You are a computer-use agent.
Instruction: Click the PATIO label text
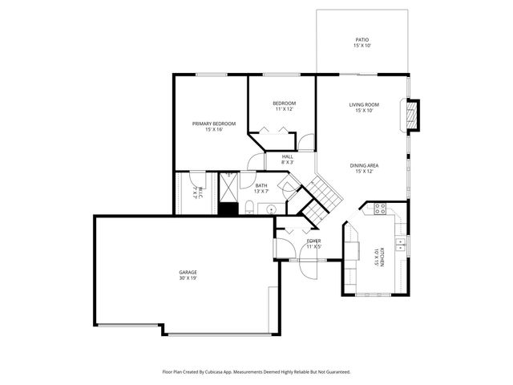(x=362, y=39)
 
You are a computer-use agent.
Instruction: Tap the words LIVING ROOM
(x=363, y=104)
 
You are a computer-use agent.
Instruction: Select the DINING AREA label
(x=363, y=165)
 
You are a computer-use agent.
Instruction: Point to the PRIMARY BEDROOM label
(x=213, y=124)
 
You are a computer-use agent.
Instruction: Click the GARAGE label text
(x=188, y=272)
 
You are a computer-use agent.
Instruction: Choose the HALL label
(x=287, y=156)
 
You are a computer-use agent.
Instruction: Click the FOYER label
(x=313, y=241)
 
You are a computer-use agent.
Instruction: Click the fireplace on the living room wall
(x=412, y=115)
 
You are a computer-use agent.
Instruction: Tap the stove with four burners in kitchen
(x=379, y=210)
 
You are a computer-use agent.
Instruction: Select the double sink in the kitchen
(x=402, y=242)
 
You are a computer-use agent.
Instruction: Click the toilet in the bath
(x=249, y=209)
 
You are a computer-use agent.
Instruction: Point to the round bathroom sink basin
(x=272, y=209)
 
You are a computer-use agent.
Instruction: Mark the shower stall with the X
(x=228, y=188)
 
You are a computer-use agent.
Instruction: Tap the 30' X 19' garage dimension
(x=188, y=278)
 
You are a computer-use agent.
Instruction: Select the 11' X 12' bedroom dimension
(x=285, y=109)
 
